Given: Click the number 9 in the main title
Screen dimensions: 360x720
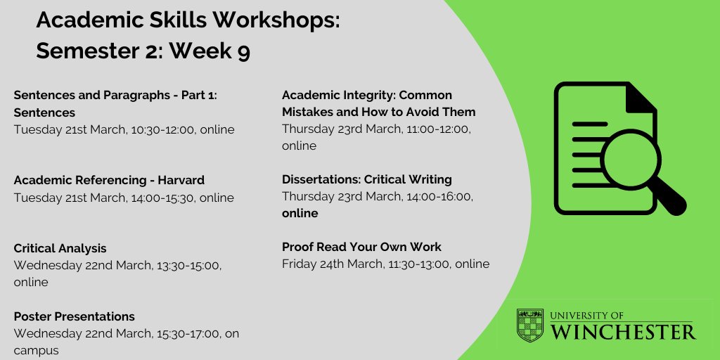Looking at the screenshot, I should click(x=243, y=52).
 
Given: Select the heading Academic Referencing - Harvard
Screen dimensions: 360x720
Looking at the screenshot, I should click(x=109, y=181).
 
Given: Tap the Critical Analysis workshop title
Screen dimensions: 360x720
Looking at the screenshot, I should click(x=60, y=248).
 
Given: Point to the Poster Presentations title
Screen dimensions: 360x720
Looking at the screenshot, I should click(x=74, y=316).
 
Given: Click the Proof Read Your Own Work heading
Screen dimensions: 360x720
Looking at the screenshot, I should click(x=361, y=247).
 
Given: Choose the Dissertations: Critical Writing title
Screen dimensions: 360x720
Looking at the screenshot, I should click(x=366, y=179).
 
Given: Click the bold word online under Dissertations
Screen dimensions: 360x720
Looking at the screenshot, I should click(x=300, y=213).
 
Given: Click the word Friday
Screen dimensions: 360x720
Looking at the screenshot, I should click(x=299, y=264).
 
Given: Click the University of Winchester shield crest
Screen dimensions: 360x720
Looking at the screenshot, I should click(x=530, y=325).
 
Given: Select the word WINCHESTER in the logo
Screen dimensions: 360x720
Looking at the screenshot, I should click(x=624, y=332).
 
